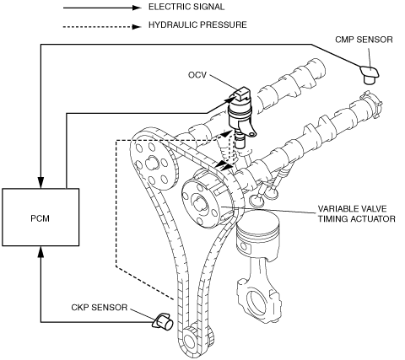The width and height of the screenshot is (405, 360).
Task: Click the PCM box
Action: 40,218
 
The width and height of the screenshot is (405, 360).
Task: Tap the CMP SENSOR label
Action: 364,40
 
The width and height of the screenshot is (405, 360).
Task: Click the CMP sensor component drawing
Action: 370,74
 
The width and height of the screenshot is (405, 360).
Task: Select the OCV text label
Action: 197,75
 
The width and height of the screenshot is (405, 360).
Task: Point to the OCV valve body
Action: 240,116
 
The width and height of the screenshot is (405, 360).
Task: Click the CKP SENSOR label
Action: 100,308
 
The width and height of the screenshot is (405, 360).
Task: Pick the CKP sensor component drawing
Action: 163,322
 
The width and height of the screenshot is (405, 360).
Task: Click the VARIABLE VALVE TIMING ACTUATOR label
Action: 357,213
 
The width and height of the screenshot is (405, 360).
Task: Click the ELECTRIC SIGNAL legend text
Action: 186,7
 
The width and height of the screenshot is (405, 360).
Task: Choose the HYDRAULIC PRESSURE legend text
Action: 197,24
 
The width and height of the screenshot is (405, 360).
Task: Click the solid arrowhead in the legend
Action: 137,8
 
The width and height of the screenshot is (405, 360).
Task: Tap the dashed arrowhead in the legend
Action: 137,27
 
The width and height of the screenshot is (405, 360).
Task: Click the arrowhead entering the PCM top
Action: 41,183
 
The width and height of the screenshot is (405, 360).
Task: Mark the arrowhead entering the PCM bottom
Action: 41,252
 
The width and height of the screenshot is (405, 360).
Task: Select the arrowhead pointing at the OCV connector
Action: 229,99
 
